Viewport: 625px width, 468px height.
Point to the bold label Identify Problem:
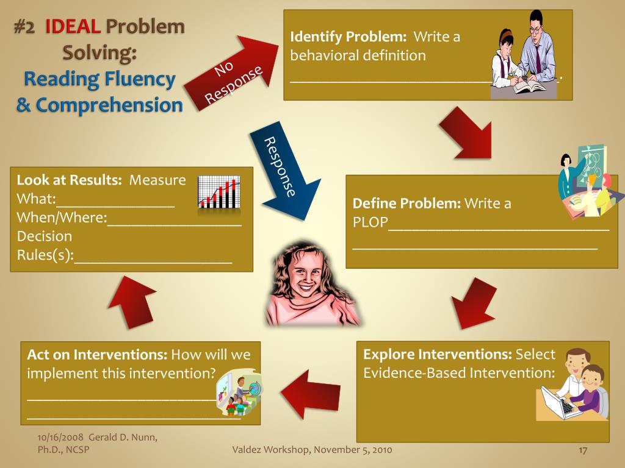click(x=348, y=37)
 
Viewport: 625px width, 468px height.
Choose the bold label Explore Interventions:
click(x=438, y=355)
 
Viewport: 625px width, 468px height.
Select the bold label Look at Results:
click(x=70, y=180)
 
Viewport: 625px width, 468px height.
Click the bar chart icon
click(x=219, y=193)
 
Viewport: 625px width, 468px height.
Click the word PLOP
click(x=370, y=222)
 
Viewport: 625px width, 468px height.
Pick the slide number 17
click(x=582, y=450)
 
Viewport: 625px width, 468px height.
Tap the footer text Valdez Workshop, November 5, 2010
click(x=312, y=450)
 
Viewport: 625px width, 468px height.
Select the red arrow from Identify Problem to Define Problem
click(x=467, y=133)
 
